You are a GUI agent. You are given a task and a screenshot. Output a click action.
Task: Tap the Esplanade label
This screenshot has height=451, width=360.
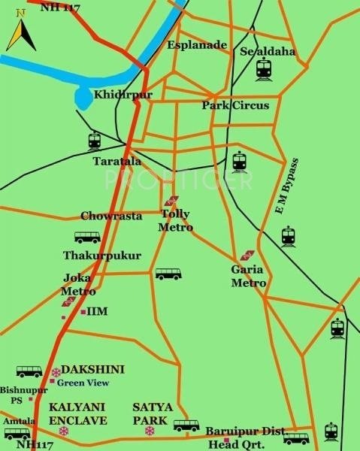(197, 45)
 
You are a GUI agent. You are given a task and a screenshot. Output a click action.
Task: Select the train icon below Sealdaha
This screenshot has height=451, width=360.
(263, 70)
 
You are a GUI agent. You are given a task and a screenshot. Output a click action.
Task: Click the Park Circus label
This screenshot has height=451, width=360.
(235, 106)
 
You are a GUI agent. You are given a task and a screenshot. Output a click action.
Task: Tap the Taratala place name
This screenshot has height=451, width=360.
(116, 162)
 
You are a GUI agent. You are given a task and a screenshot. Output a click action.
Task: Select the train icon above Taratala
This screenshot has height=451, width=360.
(94, 141)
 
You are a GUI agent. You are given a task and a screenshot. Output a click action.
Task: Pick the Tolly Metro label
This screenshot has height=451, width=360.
(177, 221)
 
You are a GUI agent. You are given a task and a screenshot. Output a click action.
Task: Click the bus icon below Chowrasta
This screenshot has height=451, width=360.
(87, 237)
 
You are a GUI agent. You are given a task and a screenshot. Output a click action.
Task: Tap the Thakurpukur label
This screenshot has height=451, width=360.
(101, 256)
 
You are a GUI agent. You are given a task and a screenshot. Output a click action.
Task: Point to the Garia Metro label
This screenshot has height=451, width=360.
(249, 277)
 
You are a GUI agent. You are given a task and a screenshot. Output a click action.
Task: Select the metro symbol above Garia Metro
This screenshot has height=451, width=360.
(247, 256)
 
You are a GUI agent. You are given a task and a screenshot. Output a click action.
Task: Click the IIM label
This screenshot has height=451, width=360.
(97, 310)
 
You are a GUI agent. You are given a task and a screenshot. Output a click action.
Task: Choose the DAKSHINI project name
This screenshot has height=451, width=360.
(93, 369)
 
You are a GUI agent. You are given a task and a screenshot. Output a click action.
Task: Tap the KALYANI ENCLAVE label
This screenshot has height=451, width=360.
(78, 413)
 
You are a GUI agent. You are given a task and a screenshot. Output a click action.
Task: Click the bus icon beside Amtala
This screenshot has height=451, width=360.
(17, 434)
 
